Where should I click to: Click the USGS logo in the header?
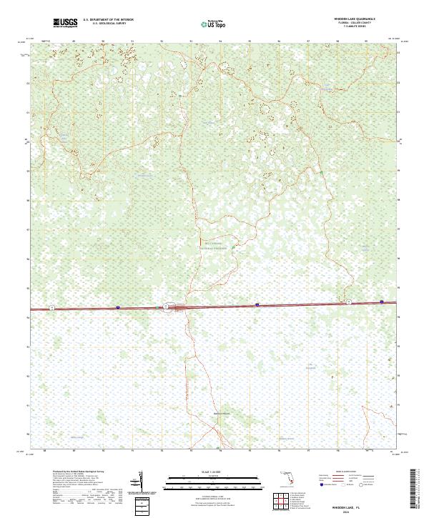[65, 23]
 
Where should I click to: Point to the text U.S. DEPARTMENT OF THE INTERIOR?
[108, 21]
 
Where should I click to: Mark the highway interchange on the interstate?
[166, 307]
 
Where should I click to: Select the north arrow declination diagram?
[140, 480]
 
